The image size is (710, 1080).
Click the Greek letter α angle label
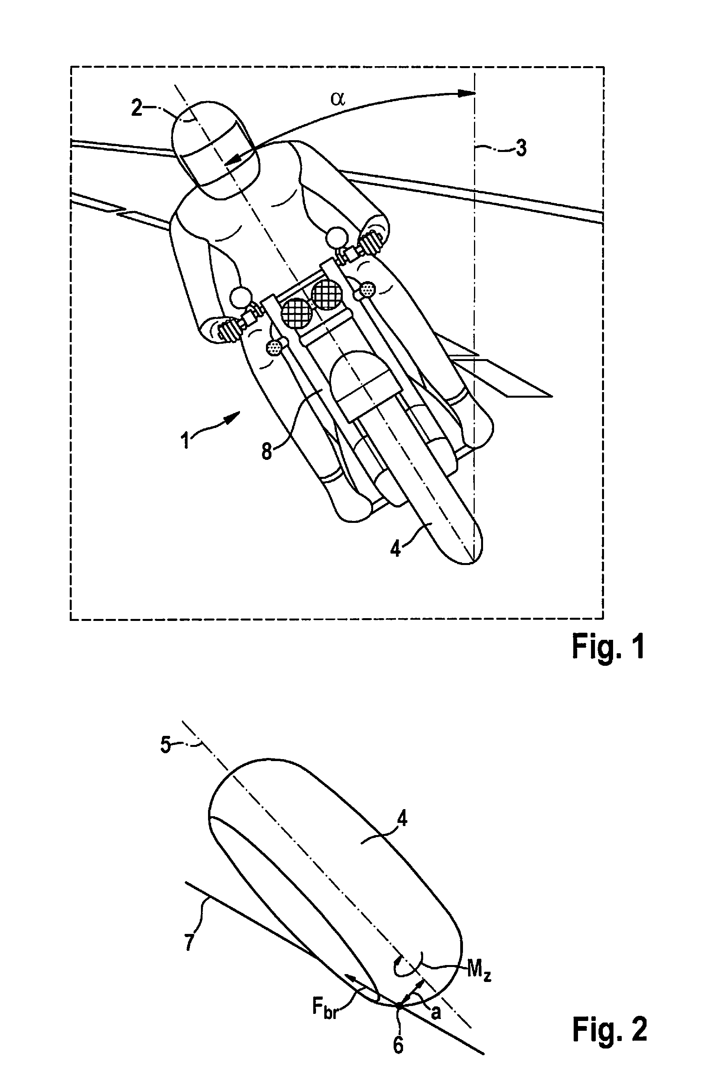pyautogui.click(x=338, y=98)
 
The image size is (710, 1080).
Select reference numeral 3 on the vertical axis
pyautogui.click(x=521, y=148)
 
